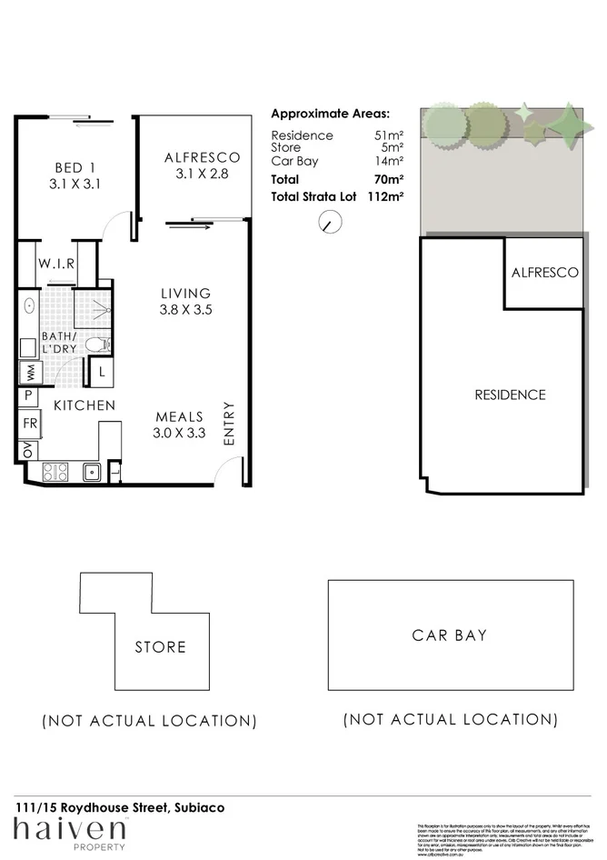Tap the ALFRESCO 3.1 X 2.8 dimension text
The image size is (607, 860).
click(202, 174)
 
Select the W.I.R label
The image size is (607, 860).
click(55, 264)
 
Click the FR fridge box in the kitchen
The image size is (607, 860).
click(28, 424)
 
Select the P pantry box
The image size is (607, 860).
click(28, 395)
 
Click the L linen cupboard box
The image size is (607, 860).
click(101, 370)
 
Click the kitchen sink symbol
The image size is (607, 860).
click(91, 472)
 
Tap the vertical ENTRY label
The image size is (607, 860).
click(229, 423)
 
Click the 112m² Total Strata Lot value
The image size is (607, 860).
click(385, 195)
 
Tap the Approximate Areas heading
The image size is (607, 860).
click(330, 114)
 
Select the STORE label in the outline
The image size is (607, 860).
click(160, 647)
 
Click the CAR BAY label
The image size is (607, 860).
click(449, 635)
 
